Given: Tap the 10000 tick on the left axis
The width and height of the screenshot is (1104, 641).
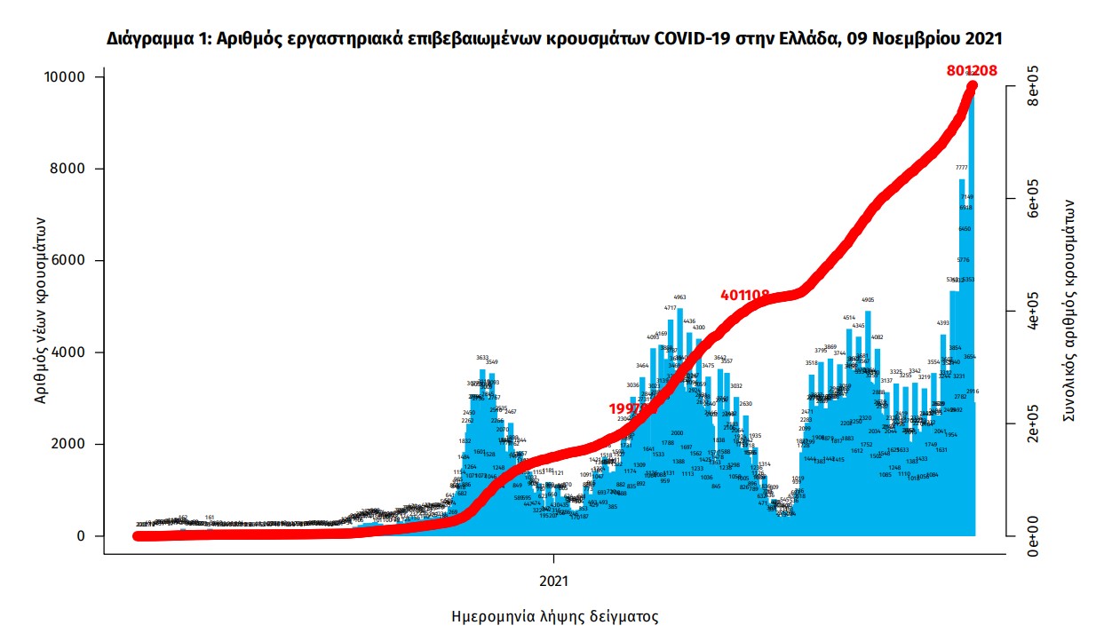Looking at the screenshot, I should (66, 77).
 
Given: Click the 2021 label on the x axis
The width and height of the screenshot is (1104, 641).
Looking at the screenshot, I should (554, 582).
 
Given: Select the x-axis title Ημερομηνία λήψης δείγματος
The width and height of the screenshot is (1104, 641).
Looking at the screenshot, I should (555, 616).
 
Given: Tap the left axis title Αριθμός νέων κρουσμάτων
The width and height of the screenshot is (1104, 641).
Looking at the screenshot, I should (41, 306).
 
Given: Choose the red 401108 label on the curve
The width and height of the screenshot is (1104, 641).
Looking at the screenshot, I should (745, 294).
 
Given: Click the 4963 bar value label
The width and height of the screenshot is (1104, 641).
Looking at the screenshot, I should (680, 297).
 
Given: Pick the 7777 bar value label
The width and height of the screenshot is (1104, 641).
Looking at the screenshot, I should (962, 168).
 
